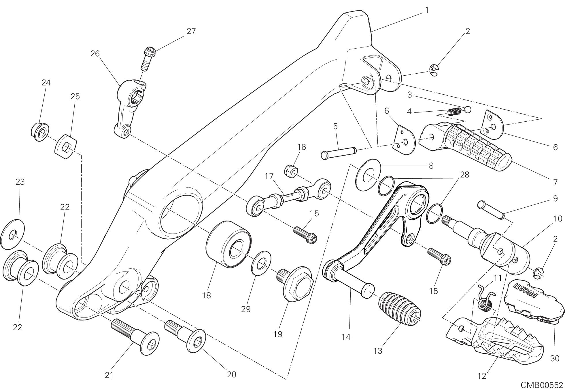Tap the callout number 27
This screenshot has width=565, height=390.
pos(191,31)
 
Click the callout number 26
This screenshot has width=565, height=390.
pos(95,53)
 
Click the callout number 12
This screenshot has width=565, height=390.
pos(481,376)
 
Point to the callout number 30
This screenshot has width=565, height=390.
pos(555,358)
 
